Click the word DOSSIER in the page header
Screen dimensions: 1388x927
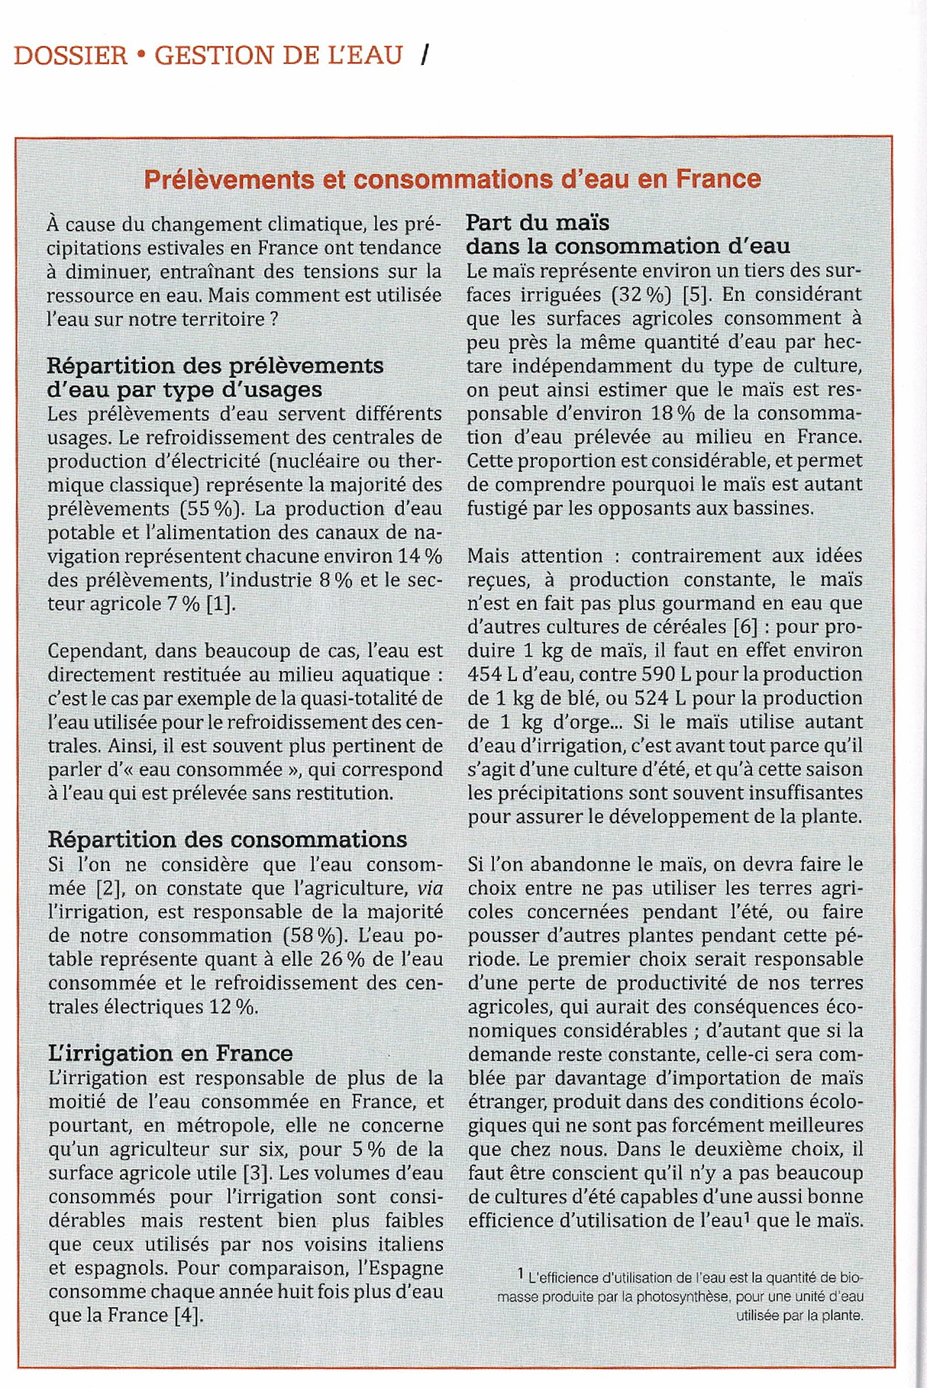tap(70, 56)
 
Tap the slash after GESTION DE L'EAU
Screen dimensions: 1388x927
tap(425, 55)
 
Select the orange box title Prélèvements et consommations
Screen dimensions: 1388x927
tap(452, 179)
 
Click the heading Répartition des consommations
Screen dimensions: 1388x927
tap(228, 840)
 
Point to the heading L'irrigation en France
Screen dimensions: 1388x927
tap(170, 1054)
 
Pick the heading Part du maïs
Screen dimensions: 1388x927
tap(538, 223)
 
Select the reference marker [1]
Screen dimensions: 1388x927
tap(221, 604)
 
